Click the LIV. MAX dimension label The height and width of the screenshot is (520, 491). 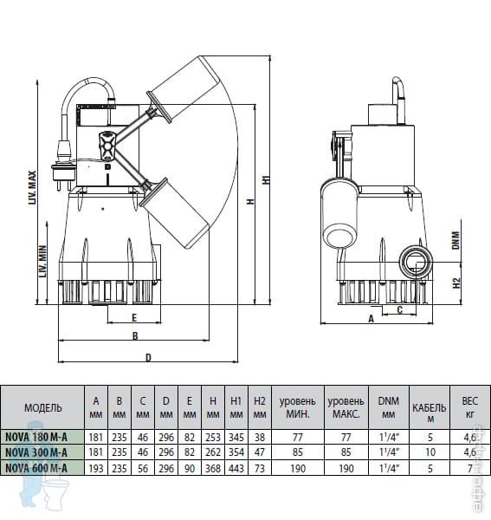click(32, 188)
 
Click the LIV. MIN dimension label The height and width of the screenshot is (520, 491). click(43, 261)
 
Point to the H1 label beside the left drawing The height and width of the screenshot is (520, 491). click(267, 179)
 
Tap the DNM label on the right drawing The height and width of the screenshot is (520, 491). click(456, 240)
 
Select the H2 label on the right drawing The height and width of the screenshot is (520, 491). click(456, 283)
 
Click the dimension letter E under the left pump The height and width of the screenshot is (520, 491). click(134, 318)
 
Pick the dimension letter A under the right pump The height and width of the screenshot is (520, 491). click(371, 318)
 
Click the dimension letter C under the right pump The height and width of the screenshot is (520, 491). click(400, 309)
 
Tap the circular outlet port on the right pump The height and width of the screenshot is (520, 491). click(415, 263)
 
